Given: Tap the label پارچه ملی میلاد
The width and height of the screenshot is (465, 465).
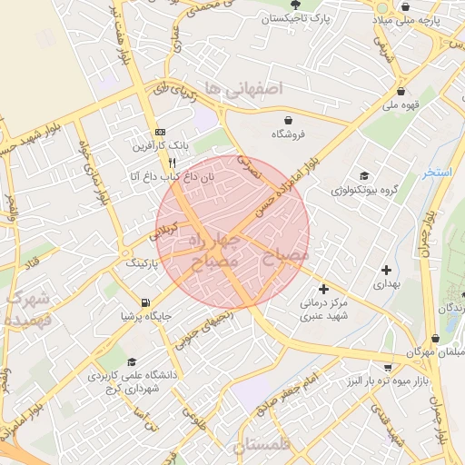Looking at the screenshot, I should (x=421, y=19).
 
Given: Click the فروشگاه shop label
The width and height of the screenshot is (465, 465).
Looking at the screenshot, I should (x=289, y=134).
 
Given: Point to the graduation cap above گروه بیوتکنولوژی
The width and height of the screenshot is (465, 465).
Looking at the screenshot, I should (x=364, y=176).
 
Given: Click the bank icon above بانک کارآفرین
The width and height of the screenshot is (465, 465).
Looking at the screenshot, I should (x=160, y=131).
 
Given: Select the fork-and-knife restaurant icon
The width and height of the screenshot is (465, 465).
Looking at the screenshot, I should (x=173, y=163).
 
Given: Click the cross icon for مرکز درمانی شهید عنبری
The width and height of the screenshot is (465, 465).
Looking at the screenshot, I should (x=323, y=289).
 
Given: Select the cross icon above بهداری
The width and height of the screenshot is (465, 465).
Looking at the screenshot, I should (x=386, y=270).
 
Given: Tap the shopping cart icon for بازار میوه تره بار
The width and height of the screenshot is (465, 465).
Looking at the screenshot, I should (x=388, y=368).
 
